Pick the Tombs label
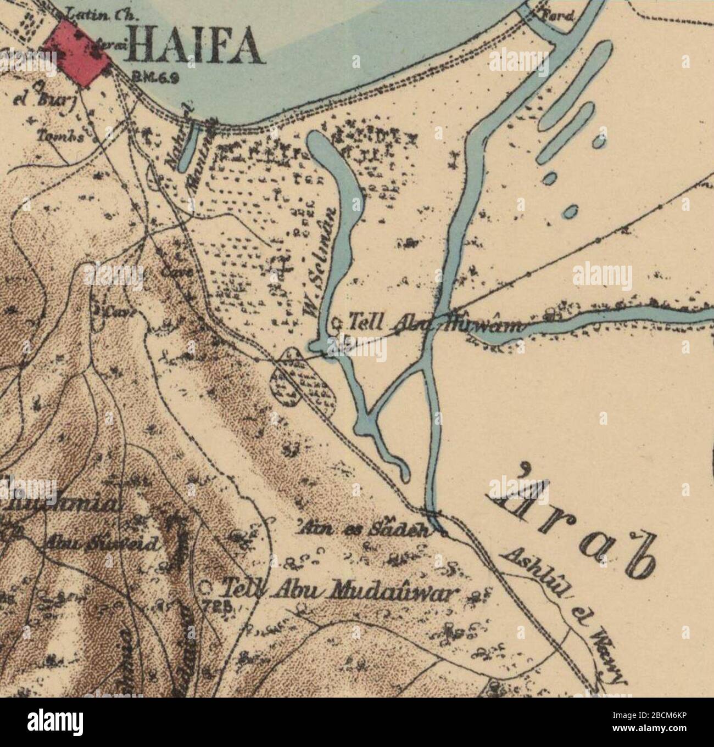pyautogui.click(x=61, y=136)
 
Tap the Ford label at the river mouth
pyautogui.click(x=558, y=16)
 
